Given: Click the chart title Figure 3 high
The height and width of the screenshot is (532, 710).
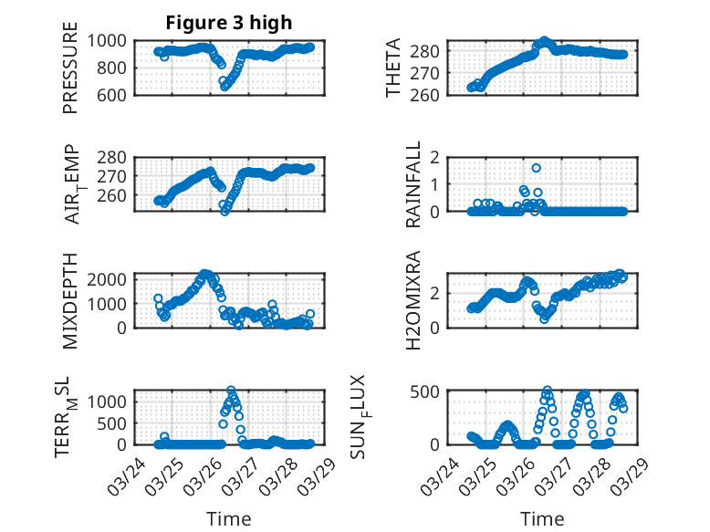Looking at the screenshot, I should tap(228, 23).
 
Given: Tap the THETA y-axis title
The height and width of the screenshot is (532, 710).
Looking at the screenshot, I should tap(393, 68).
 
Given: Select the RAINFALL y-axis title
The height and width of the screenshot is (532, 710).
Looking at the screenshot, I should tap(413, 184).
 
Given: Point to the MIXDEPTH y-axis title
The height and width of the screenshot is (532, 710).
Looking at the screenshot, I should tap(70, 300).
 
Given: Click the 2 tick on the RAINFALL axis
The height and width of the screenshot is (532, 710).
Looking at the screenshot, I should tap(452, 157).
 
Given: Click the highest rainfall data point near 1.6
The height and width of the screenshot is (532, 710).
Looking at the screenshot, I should tap(537, 168).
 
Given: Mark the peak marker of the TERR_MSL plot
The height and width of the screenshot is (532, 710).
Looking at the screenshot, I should tap(231, 391).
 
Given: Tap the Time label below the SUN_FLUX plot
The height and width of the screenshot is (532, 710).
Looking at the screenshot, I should tap(542, 518).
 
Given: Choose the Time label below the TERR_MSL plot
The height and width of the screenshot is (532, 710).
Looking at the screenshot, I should tap(228, 518).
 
